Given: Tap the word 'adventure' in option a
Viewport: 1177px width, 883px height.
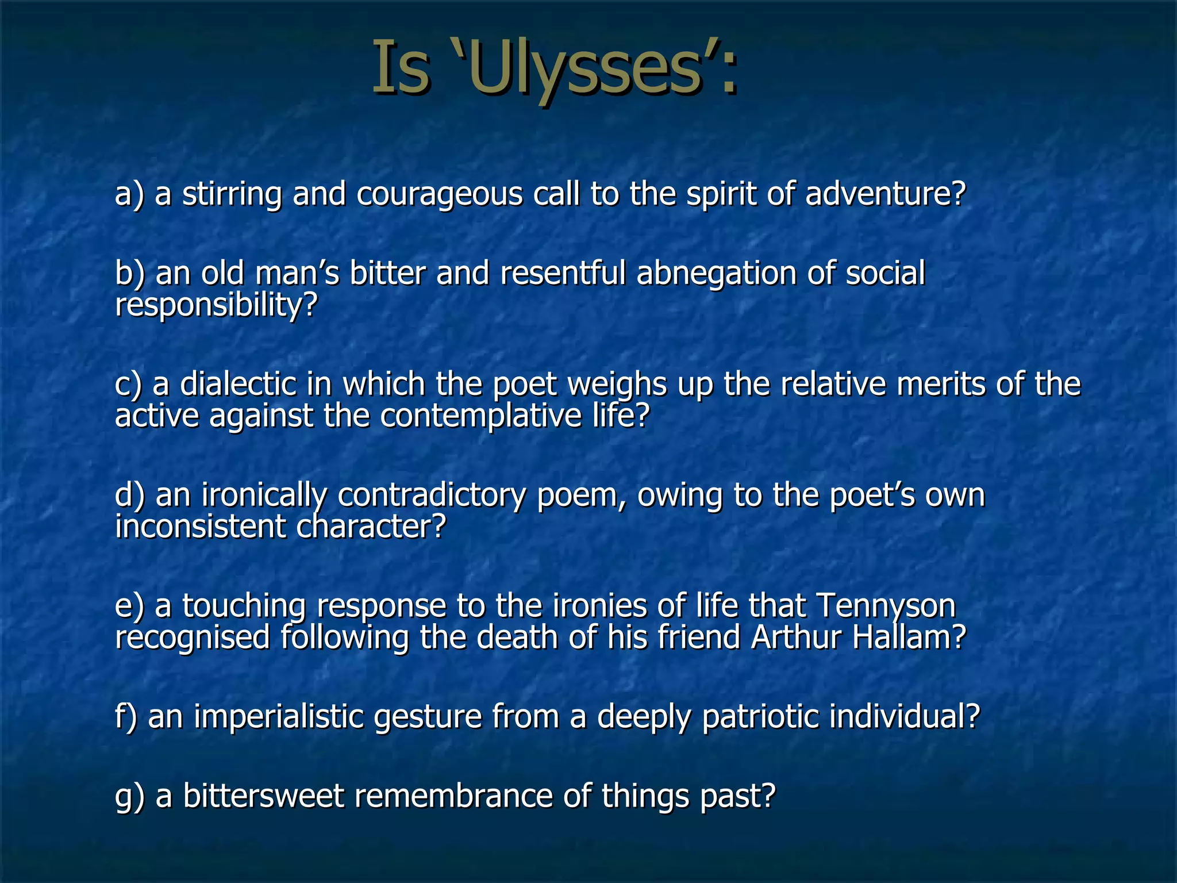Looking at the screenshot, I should pos(885,194).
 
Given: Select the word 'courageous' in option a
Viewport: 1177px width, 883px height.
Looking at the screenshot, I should pos(439,194).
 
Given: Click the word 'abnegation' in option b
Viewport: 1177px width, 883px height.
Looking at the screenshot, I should pos(716,274).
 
